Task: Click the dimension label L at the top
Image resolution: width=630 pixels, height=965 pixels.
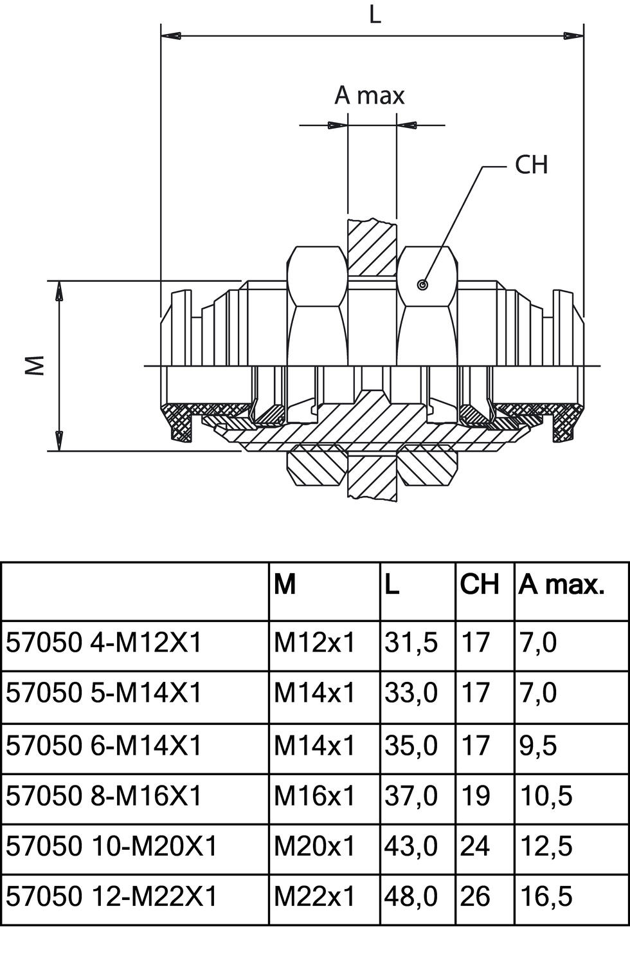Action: pyautogui.click(x=374, y=14)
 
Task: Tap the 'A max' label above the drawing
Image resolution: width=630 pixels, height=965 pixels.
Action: pyautogui.click(x=370, y=95)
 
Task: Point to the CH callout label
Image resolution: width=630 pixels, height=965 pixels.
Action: pyautogui.click(x=531, y=165)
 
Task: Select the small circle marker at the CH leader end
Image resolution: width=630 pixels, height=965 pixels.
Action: pyautogui.click(x=422, y=285)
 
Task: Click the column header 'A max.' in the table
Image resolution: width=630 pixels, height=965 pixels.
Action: pyautogui.click(x=562, y=584)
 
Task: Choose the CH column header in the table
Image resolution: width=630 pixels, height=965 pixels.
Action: pyautogui.click(x=480, y=584)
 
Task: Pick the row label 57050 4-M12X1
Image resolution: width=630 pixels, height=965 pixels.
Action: pyautogui.click(x=104, y=642)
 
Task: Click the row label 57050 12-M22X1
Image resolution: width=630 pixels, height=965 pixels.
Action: pyautogui.click(x=112, y=896)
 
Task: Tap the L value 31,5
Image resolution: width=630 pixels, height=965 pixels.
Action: pyautogui.click(x=411, y=642)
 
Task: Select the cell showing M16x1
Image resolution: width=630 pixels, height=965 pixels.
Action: pyautogui.click(x=314, y=796)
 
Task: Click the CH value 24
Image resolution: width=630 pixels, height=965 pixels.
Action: pyautogui.click(x=475, y=846)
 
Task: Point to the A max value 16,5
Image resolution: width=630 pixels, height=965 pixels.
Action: pyautogui.click(x=546, y=896)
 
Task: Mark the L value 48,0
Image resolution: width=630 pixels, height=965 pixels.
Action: pyautogui.click(x=411, y=896)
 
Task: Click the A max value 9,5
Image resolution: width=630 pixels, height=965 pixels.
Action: pyautogui.click(x=538, y=746)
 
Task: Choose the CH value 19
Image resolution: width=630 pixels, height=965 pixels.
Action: pyautogui.click(x=475, y=796)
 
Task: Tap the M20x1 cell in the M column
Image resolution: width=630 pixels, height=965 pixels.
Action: pyautogui.click(x=314, y=846)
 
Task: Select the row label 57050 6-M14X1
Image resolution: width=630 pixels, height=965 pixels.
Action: pyautogui.click(x=104, y=746)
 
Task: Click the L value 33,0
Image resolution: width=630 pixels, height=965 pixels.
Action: pyautogui.click(x=411, y=693)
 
